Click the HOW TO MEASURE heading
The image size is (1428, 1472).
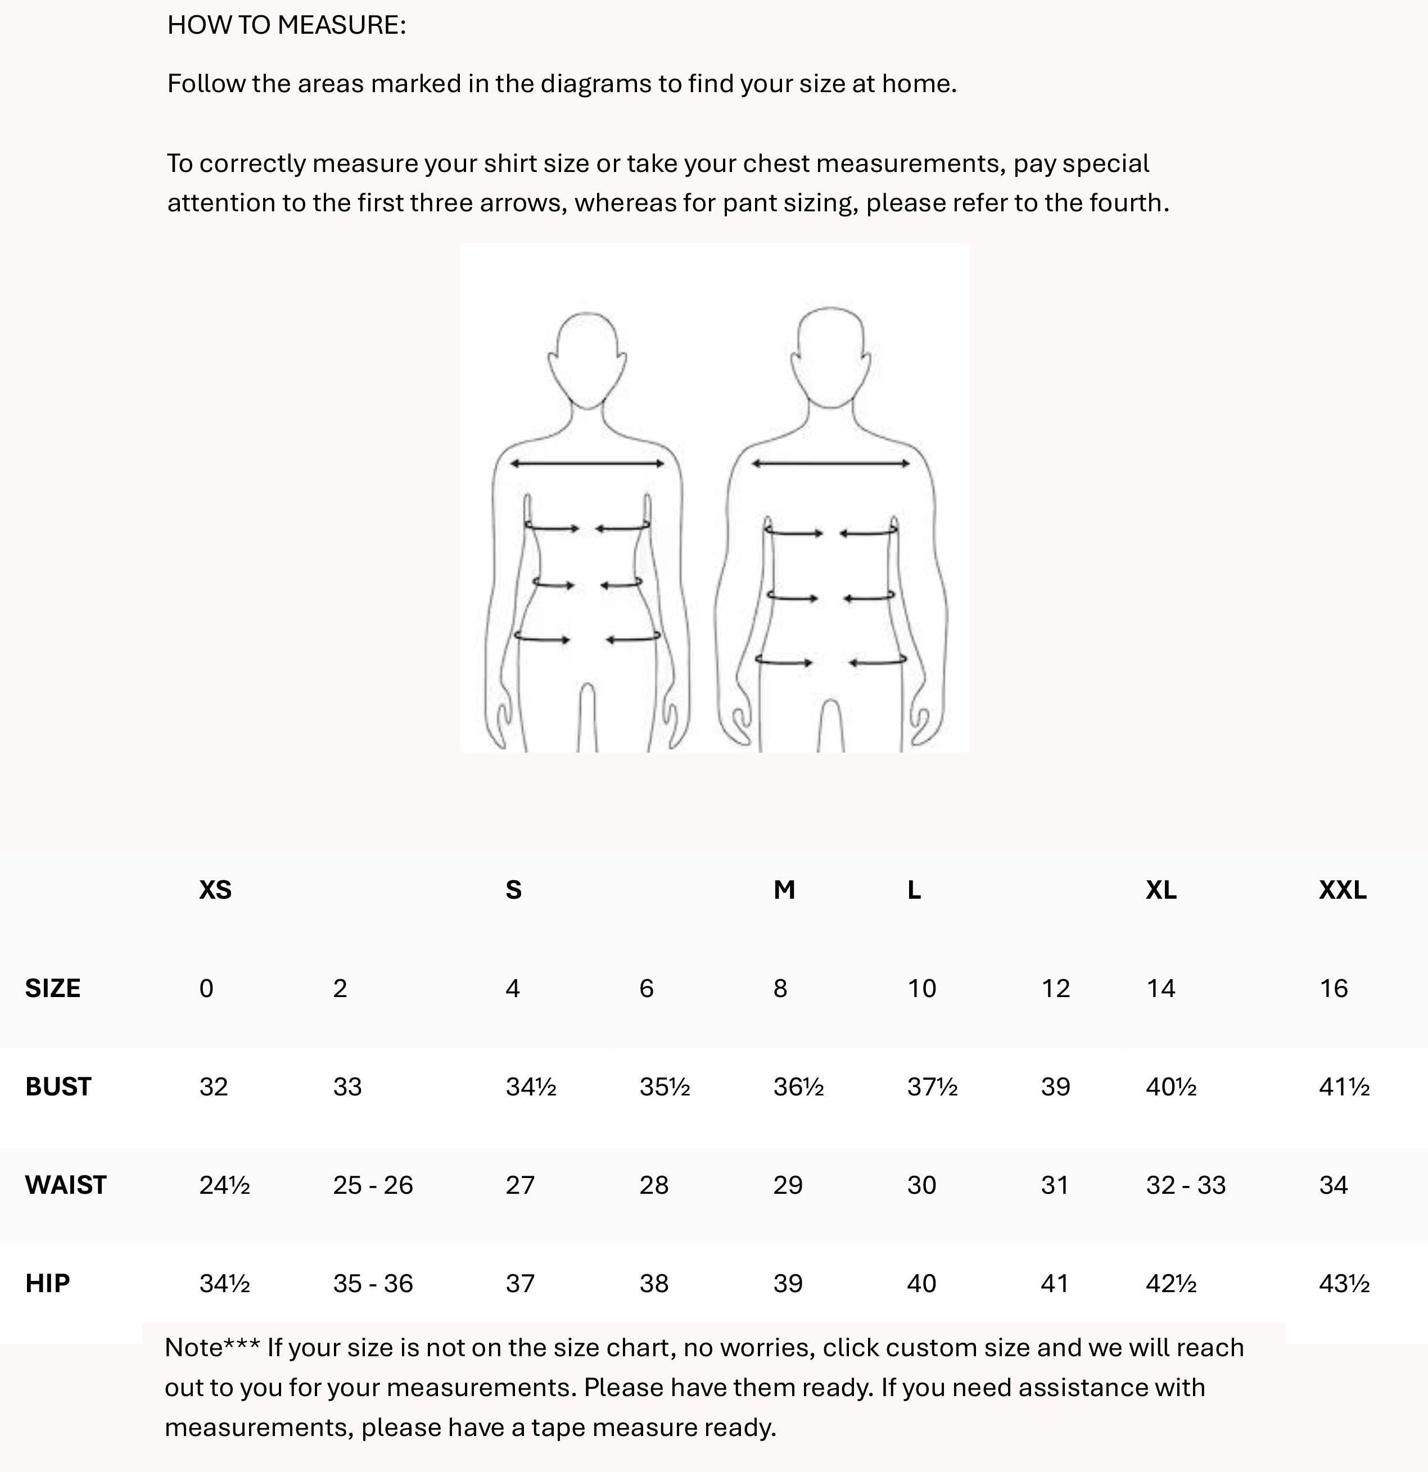286,25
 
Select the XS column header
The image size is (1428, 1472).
215,890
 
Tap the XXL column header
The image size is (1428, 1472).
1343,890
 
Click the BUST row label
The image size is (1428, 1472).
58,1087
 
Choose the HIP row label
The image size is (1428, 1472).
47,1284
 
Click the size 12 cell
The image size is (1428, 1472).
1055,988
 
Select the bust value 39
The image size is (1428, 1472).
1055,1087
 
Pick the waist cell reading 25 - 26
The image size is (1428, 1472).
373,1185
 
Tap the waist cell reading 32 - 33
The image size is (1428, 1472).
1185,1185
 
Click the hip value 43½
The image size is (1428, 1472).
1344,1284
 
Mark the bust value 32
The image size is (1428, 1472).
213,1087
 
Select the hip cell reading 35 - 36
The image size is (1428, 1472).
373,1284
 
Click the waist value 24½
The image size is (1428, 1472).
224,1185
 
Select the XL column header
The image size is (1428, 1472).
1160,890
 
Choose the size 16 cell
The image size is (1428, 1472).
1334,988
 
